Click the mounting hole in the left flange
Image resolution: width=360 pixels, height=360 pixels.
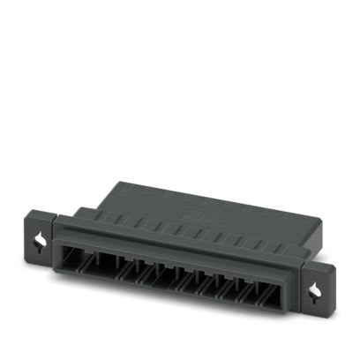click(41, 237)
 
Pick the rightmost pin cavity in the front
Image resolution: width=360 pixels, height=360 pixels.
click(276, 293)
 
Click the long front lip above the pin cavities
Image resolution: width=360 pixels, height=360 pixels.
click(176, 245)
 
